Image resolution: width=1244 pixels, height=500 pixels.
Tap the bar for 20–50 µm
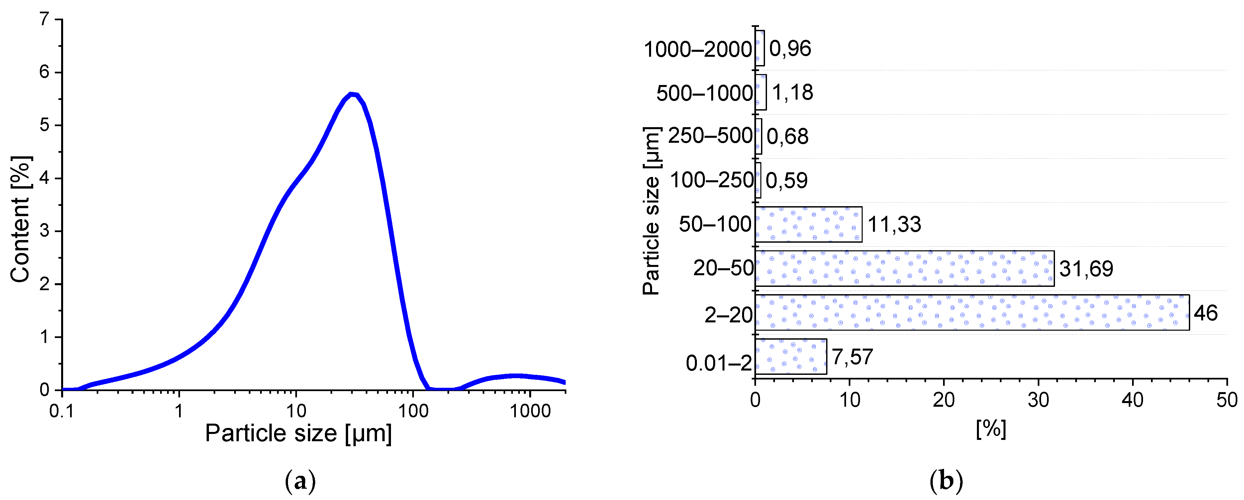click(905, 268)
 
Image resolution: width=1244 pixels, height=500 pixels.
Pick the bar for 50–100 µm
click(809, 224)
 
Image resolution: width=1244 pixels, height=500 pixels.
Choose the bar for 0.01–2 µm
click(791, 356)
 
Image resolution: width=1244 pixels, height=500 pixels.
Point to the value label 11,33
click(894, 224)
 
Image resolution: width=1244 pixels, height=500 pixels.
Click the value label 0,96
click(790, 49)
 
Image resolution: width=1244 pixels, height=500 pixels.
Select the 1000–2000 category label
click(698, 49)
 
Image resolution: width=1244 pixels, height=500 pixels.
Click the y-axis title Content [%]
click(20, 219)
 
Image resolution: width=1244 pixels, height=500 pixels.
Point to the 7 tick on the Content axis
click(45, 19)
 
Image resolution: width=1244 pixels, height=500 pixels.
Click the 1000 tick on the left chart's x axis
click(530, 411)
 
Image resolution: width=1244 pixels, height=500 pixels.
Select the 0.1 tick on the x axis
click(62, 411)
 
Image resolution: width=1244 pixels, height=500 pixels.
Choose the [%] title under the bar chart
click(991, 429)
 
